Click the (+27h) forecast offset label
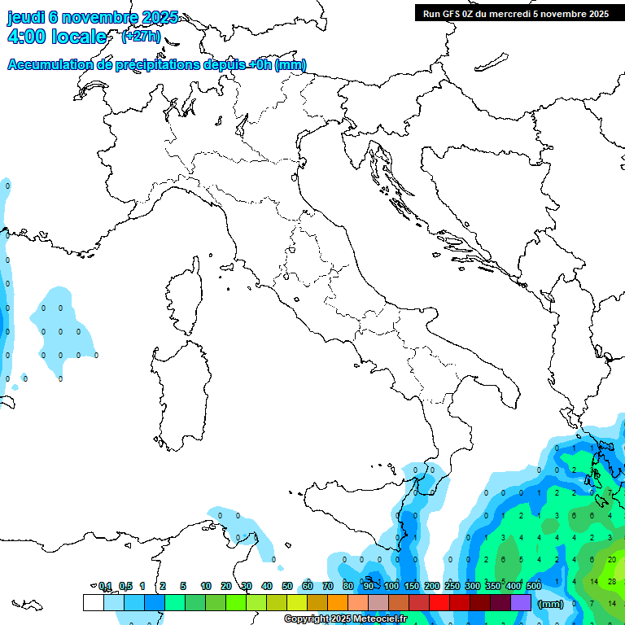141,37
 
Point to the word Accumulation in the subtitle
50,65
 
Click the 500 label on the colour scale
534,586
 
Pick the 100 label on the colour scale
391,586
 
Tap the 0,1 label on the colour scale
105,586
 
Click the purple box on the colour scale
521,602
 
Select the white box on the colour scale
93,602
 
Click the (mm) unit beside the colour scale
551,604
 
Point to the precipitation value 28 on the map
612,582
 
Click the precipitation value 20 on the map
612,560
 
